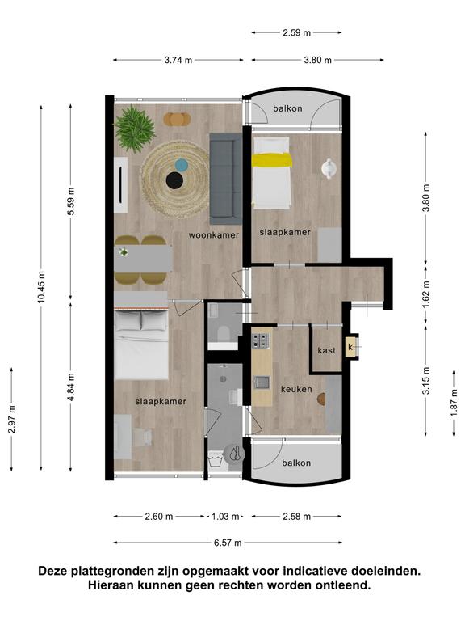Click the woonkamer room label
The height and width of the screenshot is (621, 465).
click(x=213, y=235)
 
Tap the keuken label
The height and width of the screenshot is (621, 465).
click(x=296, y=389)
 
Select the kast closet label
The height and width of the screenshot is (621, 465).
click(x=327, y=350)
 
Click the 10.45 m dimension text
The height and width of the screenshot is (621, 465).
click(x=41, y=287)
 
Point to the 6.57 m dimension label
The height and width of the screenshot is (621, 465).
click(x=228, y=543)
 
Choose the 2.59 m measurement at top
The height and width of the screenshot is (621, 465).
click(x=296, y=33)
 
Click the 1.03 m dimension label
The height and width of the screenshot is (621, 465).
click(x=225, y=517)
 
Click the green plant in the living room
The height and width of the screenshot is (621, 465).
click(x=135, y=129)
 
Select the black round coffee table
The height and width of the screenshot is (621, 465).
click(x=174, y=180)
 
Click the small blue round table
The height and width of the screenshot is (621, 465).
click(x=181, y=165)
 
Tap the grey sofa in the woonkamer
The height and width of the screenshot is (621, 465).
click(x=225, y=179)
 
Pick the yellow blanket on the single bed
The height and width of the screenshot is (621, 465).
click(x=272, y=160)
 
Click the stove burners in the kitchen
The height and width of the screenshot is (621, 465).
click(x=260, y=340)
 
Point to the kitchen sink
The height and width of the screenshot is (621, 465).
click(x=262, y=382)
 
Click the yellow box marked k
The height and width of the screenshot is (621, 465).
click(x=350, y=348)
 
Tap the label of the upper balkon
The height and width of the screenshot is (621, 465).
click(x=288, y=108)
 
